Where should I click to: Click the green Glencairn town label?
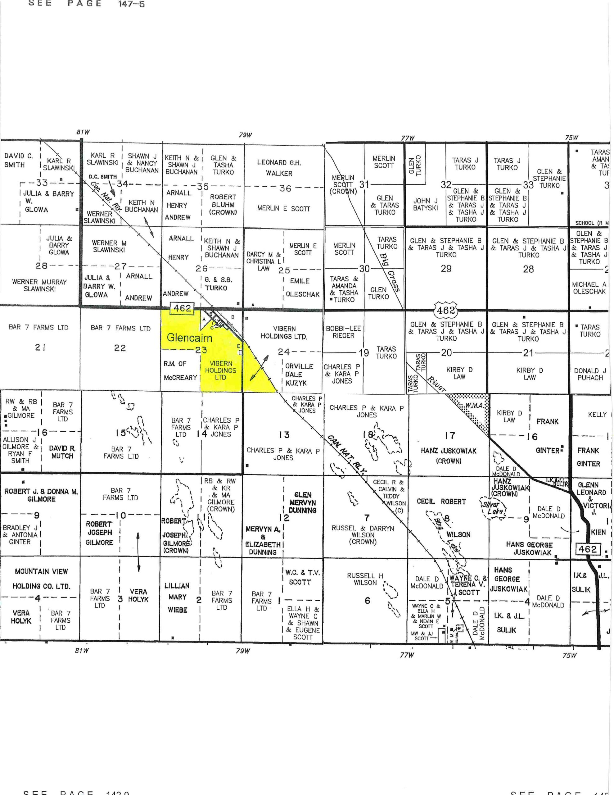click(x=189, y=338)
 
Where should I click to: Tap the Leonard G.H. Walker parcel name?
click(x=279, y=168)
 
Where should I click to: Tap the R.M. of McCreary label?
click(x=180, y=370)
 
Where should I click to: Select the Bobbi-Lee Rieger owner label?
click(x=343, y=332)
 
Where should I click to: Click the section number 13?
click(x=284, y=435)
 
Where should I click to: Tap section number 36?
click(x=285, y=188)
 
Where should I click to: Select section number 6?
click(x=367, y=600)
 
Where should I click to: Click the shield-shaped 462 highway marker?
click(x=446, y=311)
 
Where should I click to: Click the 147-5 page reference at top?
click(x=131, y=4)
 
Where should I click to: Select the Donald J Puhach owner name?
click(x=590, y=374)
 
